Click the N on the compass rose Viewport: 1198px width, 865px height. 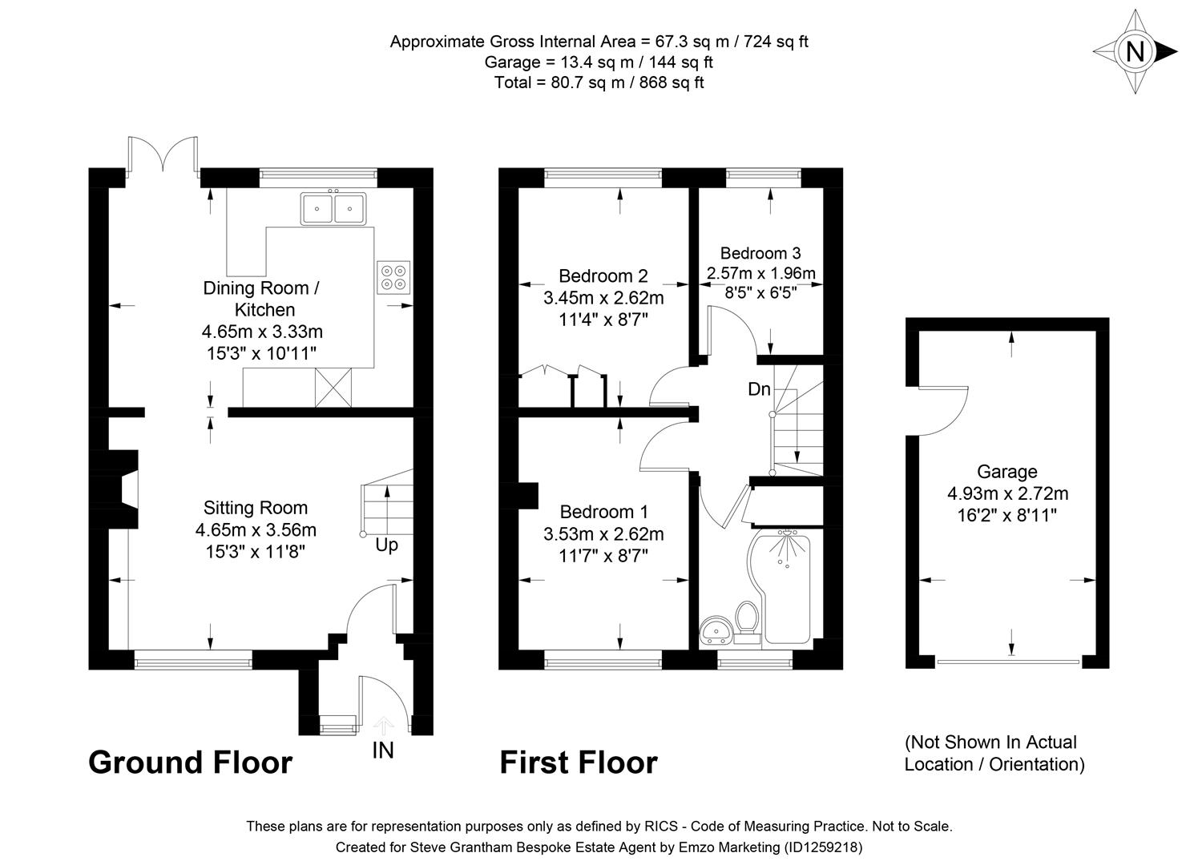pos(1135,52)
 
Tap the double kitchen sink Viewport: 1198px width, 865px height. pos(332,209)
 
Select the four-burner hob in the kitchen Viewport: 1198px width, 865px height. pos(393,277)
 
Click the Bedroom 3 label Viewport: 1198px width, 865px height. pos(760,253)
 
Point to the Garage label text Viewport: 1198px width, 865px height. pos(1006,472)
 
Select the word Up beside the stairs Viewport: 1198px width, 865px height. pos(386,545)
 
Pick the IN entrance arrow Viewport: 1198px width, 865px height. pos(384,726)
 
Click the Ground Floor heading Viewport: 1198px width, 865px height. pos(190,762)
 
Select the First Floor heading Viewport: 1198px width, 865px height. pos(578,762)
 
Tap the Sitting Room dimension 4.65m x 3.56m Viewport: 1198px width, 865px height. pos(256,529)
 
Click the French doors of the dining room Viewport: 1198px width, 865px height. pos(163,155)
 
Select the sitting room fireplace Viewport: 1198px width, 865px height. pos(123,489)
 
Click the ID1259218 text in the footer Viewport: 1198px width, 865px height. pos(821,847)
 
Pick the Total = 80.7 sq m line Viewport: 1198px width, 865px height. pos(599,82)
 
